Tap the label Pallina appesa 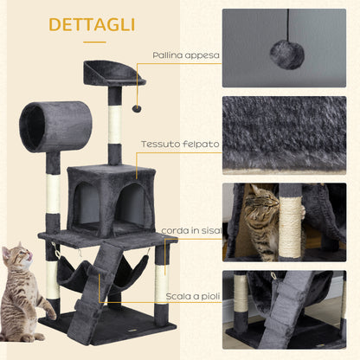(186, 55)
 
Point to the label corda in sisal (193, 228)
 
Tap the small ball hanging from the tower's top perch (135, 109)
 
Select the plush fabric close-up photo (291, 135)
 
